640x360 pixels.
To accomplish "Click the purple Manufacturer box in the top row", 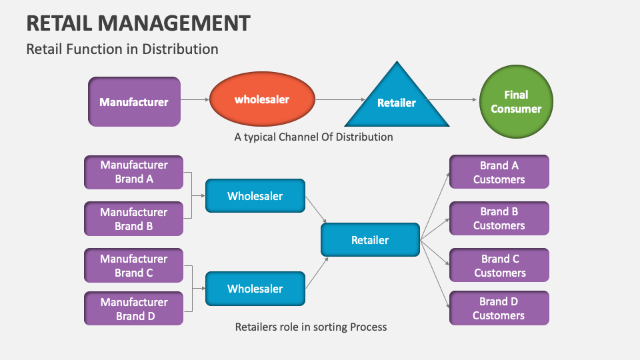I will click(134, 102).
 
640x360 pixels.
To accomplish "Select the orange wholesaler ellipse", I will click(262, 100).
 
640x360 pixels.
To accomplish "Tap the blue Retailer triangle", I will click(397, 103).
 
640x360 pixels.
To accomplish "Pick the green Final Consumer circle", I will click(516, 102).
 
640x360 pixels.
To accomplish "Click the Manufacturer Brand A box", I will click(134, 172).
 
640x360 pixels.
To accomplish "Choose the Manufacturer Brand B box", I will click(134, 219).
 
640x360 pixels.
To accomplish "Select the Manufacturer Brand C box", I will click(134, 265).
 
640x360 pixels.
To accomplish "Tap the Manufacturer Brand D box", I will click(134, 309).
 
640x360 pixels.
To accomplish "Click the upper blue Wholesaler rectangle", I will click(255, 196).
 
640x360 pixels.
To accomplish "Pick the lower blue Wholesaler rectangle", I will click(255, 289).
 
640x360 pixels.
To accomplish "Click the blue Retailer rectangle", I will click(370, 240).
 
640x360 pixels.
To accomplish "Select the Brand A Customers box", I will click(499, 172).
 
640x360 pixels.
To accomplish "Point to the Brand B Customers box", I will click(499, 219).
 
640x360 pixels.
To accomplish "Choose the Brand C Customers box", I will click(499, 265).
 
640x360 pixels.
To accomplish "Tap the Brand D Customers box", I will click(499, 308).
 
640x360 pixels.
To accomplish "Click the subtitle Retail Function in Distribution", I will click(122, 49).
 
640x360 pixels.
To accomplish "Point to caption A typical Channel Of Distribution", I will click(313, 137).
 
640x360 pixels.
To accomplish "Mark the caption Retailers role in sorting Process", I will click(311, 327).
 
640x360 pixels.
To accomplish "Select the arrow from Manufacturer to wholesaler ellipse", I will click(195, 101).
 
